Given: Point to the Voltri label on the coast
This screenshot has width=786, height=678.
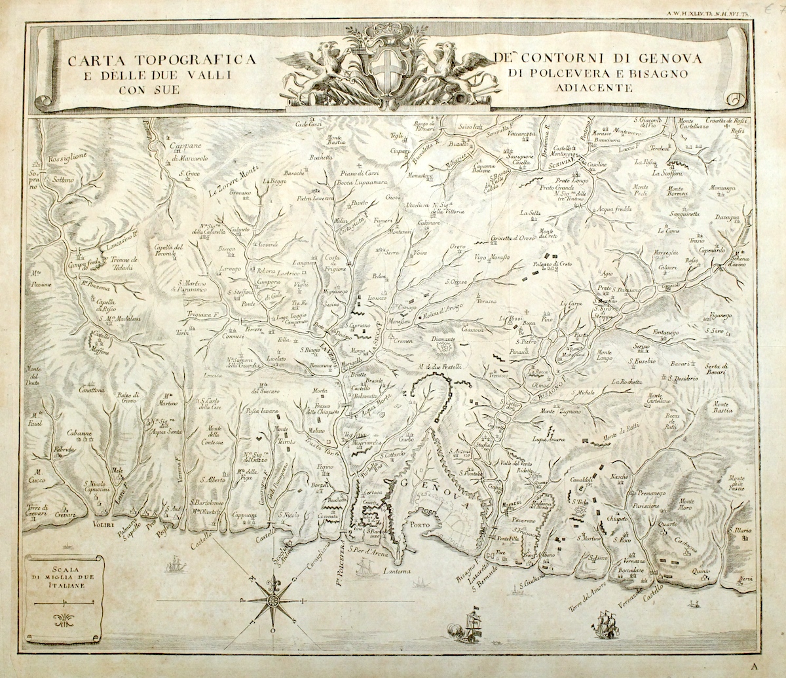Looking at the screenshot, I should [x=86, y=524].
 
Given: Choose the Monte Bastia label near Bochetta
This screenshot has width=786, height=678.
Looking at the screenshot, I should [x=335, y=140].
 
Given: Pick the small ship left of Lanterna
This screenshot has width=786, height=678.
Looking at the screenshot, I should [x=364, y=569].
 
